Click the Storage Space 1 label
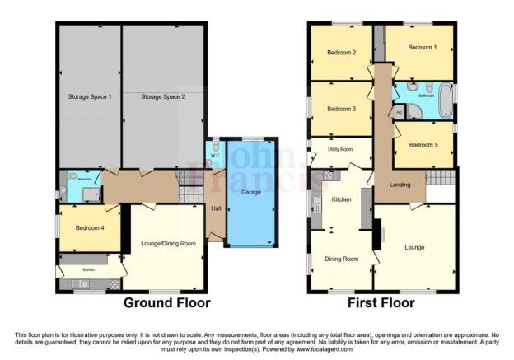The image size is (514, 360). (x=88, y=97)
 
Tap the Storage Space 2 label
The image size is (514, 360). (x=163, y=97)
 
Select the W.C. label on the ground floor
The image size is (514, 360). (x=213, y=155)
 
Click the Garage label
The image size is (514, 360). (x=251, y=192)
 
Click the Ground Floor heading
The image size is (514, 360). (x=166, y=303)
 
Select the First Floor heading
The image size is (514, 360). (x=380, y=303)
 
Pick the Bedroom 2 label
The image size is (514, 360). (x=341, y=54)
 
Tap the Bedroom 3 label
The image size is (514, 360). (x=341, y=109)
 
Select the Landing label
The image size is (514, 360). (x=398, y=185)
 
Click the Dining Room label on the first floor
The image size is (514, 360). (x=341, y=259)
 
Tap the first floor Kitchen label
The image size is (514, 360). (x=341, y=199)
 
